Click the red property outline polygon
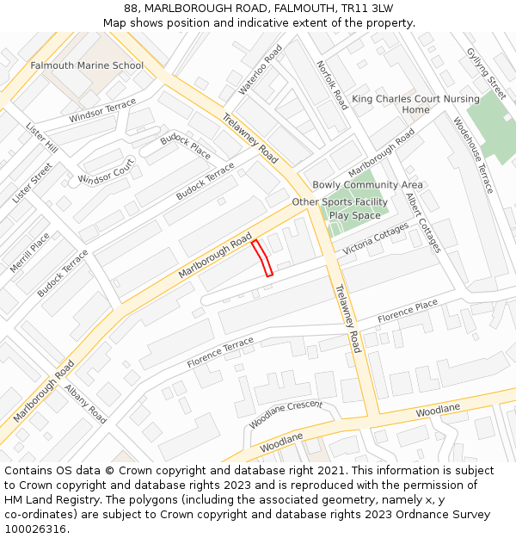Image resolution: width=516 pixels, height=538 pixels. tap(262, 258)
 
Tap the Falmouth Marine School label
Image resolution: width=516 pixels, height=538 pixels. tap(87, 65)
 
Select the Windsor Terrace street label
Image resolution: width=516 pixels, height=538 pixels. tap(102, 110)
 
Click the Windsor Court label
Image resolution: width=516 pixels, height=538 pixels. tap(106, 170)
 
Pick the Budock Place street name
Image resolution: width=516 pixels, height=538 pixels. tap(185, 145)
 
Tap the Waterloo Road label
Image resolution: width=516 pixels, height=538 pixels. tap(261, 69)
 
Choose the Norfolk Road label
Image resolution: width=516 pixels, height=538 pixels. tap(332, 85)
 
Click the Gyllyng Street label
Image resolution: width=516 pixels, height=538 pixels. tap(487, 74)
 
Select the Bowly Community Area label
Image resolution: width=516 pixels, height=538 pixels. tap(367, 185)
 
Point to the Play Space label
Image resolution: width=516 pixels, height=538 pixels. tap(354, 215)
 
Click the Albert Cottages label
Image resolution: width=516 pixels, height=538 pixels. tap(424, 222)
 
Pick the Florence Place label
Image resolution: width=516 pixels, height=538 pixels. tap(408, 311)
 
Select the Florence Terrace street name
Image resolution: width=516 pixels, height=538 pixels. tap(220, 353)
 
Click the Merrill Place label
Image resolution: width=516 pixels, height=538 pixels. tap(30, 253)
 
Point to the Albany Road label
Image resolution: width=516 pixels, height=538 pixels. tap(86, 404)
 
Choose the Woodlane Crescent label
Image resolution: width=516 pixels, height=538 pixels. tap(286, 413)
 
